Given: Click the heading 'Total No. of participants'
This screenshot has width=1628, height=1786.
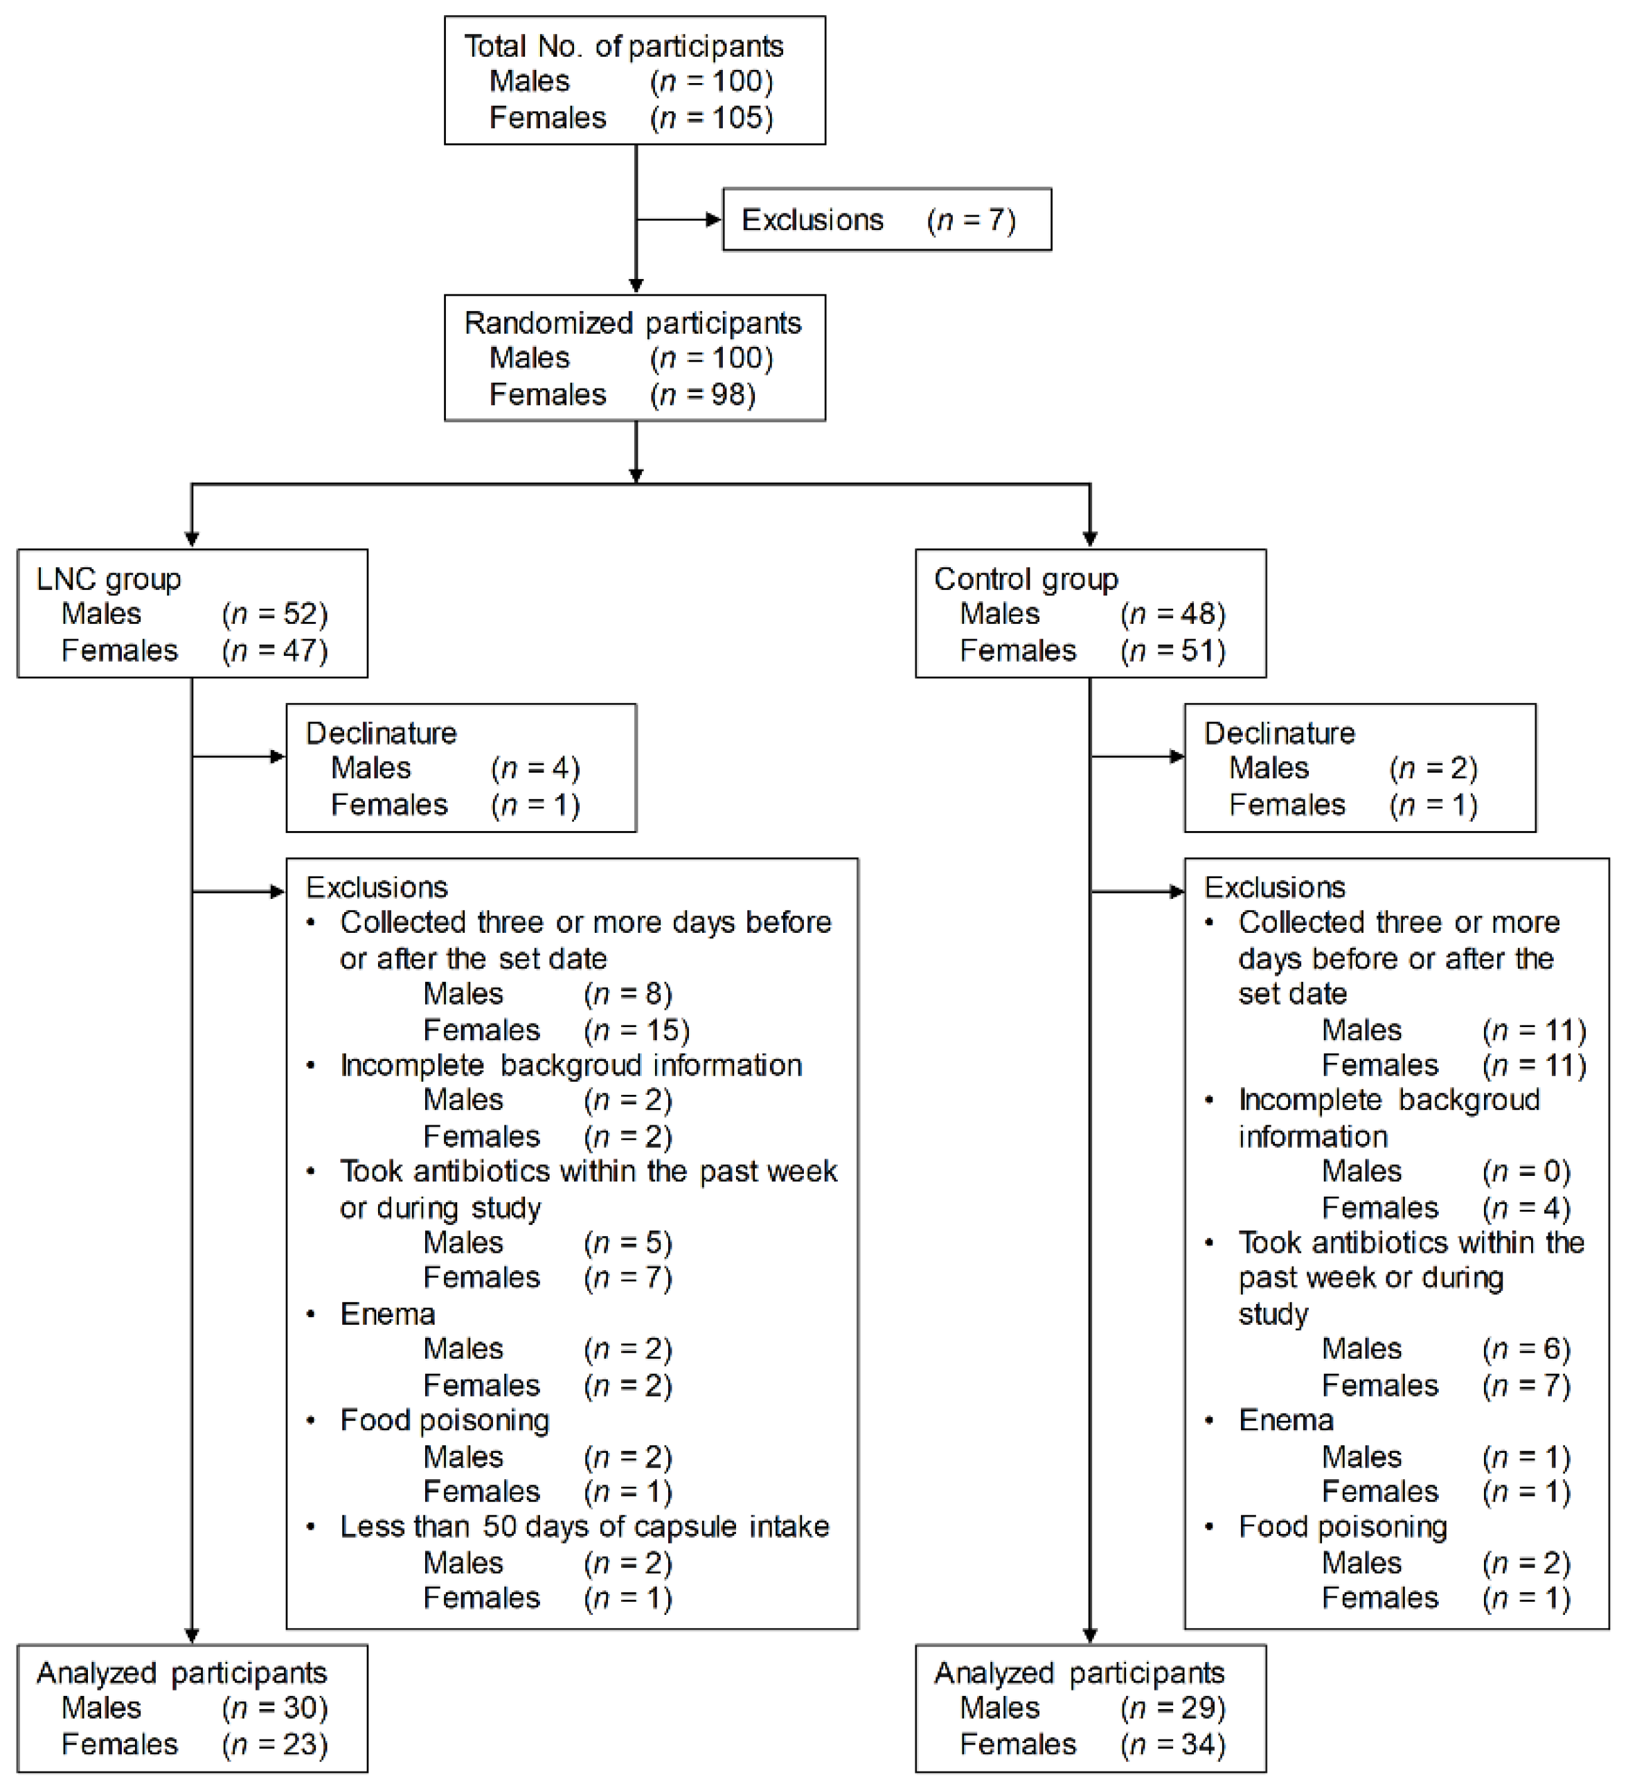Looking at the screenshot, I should click(623, 46).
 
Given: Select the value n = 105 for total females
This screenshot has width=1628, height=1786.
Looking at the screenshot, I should click(711, 118).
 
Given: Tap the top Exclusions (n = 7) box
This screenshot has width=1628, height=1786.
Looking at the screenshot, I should click(886, 220).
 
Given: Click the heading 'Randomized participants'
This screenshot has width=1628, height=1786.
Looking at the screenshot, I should click(632, 323).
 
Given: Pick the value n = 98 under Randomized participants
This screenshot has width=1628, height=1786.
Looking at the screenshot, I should click(702, 394).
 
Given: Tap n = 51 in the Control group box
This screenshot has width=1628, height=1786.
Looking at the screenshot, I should click(1173, 651).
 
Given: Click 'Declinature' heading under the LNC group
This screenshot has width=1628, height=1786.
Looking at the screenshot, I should click(381, 733).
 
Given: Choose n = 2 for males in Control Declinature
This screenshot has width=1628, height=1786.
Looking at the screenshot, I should click(1433, 769).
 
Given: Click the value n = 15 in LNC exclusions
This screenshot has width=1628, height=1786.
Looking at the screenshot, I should click(636, 1030).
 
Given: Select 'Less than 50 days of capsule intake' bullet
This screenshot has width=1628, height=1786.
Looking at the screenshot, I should click(584, 1527).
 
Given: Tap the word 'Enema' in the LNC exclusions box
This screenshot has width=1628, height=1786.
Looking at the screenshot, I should click(387, 1314).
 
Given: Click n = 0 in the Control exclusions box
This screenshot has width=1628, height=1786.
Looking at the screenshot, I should click(1526, 1172).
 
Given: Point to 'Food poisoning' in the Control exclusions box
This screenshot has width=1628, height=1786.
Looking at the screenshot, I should click(1343, 1527).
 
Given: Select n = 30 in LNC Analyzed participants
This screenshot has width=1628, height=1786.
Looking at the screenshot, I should click(275, 1708).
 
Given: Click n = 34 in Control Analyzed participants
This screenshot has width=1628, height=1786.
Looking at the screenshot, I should click(1173, 1744).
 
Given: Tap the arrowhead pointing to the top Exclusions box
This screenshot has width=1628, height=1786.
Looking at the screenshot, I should click(714, 220).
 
